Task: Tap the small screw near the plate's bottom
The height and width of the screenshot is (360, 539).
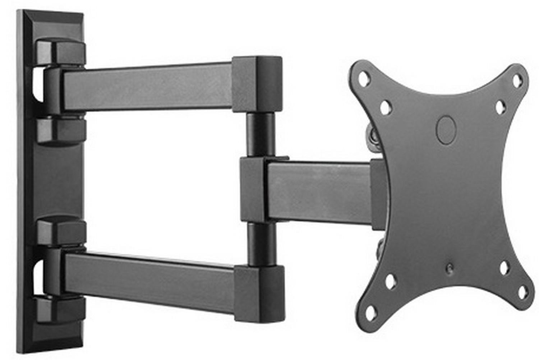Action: (450, 268)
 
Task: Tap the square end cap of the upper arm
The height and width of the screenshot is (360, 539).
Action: (257, 84)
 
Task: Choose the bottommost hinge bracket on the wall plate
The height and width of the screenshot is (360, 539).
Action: (61, 309)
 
